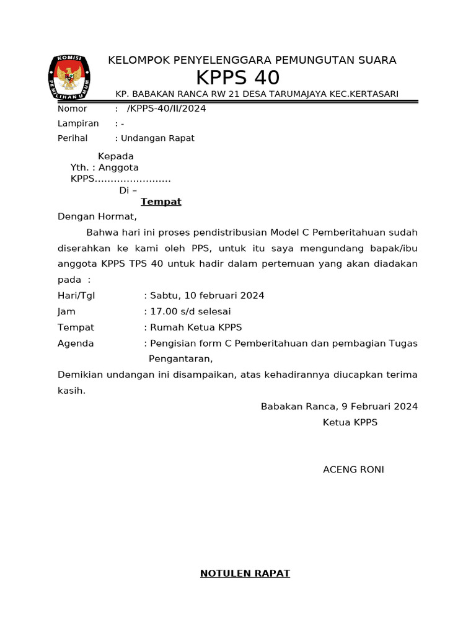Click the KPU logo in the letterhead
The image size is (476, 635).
click(69, 79)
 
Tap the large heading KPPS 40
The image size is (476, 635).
click(237, 78)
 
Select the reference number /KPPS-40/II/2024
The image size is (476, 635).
click(166, 109)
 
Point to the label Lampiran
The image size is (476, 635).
click(78, 123)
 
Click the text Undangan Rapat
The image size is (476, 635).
click(157, 138)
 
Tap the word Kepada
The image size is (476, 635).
click(116, 156)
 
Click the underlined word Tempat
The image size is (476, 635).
click(161, 202)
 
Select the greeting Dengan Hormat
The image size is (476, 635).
click(97, 217)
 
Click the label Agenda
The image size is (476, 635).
click(76, 344)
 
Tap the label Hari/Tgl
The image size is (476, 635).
click(76, 296)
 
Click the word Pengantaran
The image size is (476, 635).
click(180, 359)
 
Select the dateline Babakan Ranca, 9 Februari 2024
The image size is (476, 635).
click(339, 407)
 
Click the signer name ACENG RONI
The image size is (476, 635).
click(353, 470)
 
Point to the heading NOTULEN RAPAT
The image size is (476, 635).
click(245, 574)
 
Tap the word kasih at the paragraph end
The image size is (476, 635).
click(70, 391)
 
